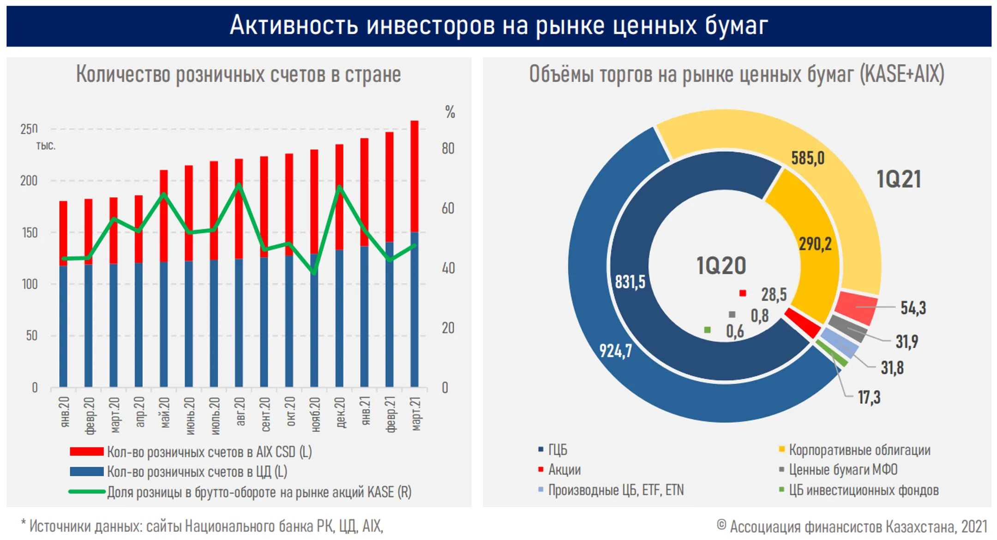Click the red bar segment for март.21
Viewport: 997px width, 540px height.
(x=414, y=176)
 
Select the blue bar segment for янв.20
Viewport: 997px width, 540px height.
(x=63, y=326)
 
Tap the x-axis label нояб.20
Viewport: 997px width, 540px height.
(x=315, y=415)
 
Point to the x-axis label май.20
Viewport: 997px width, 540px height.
(x=164, y=413)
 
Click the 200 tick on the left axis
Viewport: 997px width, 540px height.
(x=29, y=181)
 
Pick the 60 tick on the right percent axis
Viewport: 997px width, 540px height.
(x=448, y=208)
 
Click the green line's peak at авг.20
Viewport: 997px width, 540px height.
(x=239, y=185)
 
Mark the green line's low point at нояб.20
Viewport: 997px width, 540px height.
(x=314, y=272)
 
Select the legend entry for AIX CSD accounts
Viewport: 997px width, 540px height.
(x=191, y=452)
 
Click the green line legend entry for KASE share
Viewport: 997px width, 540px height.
(x=240, y=492)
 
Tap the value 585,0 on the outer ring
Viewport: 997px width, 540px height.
(x=808, y=158)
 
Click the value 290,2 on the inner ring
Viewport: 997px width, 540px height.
(x=815, y=244)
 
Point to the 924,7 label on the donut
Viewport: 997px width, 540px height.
(x=616, y=351)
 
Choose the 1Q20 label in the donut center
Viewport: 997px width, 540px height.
(x=721, y=266)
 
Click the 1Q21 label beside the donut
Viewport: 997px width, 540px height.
(x=899, y=179)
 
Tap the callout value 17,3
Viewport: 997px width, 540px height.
(x=869, y=397)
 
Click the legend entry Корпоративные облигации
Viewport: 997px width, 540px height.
(x=854, y=450)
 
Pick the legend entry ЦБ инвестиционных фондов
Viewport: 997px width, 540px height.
(x=859, y=490)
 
